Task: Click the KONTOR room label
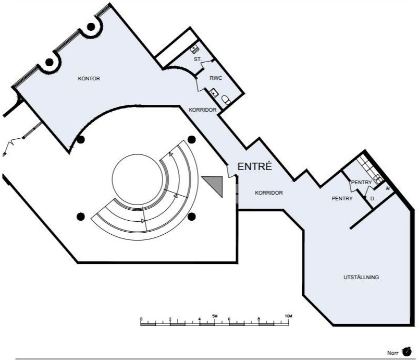coord(89,79)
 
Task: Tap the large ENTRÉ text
coord(255,166)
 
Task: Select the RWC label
coord(216,78)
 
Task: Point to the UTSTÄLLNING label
coord(361,278)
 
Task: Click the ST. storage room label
coord(198,59)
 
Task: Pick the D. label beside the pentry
coord(373,199)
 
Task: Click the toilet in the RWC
coord(226,100)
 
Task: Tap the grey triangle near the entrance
coord(214,185)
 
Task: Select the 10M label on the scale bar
coord(289,316)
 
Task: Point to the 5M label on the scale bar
coord(215,316)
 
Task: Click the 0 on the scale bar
coord(141,319)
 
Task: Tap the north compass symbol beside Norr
coord(406,351)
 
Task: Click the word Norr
coord(392,353)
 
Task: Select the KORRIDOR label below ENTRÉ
coord(269,193)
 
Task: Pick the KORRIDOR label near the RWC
coord(203,110)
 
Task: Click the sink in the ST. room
coord(194,49)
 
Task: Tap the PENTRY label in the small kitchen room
coord(361,183)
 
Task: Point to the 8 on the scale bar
coord(258,319)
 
